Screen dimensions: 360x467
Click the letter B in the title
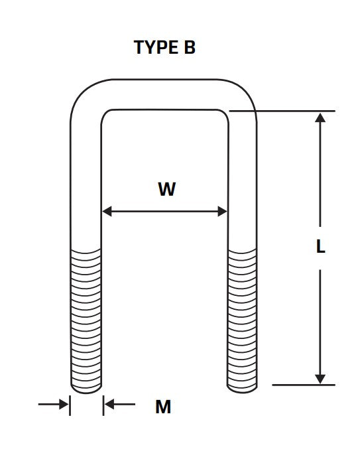tap(190, 47)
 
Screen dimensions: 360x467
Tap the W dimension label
tap(167, 189)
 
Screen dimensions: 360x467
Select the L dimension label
tap(320, 247)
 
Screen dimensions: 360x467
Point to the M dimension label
tap(163, 407)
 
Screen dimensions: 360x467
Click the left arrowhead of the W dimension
tap(107, 211)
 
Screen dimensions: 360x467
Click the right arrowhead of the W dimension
tap(223, 211)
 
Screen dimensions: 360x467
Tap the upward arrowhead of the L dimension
tap(320, 117)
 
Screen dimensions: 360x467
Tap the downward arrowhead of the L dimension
tap(320, 379)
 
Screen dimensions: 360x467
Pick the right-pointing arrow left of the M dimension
tap(53, 404)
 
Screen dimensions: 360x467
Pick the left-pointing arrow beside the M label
tap(120, 404)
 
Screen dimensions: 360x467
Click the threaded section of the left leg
tap(86, 320)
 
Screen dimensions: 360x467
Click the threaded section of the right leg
tap(242, 320)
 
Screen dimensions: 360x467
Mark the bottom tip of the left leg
tap(86, 393)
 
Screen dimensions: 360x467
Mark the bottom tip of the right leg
tap(242, 393)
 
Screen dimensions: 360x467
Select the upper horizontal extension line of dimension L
tap(282, 111)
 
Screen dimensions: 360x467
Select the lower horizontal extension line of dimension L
tap(304, 385)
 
